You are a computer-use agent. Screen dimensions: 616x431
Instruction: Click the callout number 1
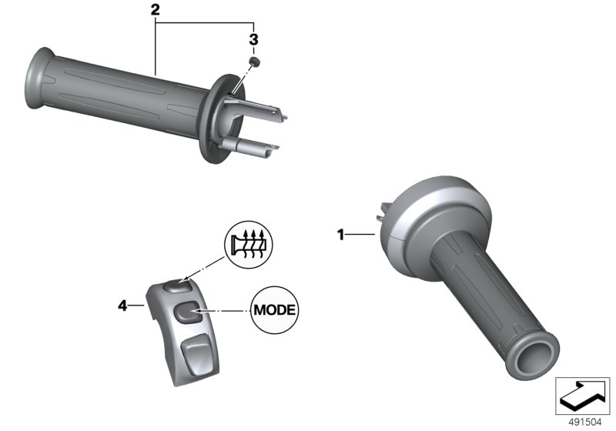(x=340, y=235)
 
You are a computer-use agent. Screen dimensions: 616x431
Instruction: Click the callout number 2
(x=156, y=10)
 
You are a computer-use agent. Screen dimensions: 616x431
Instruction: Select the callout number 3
(x=254, y=40)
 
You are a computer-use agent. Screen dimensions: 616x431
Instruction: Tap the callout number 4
(x=123, y=306)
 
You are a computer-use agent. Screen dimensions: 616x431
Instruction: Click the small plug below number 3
(x=255, y=62)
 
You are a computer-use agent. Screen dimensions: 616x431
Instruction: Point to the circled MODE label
(x=275, y=310)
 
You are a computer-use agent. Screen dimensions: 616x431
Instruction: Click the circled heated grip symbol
(x=248, y=245)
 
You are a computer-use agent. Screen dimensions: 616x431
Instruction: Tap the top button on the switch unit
(x=178, y=286)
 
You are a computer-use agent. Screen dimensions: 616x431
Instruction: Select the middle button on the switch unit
(x=187, y=312)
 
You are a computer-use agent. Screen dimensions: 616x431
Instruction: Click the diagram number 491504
(x=585, y=423)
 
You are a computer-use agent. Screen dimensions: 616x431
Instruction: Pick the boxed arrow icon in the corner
(x=582, y=396)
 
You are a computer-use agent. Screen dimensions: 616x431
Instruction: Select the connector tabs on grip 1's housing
(x=383, y=212)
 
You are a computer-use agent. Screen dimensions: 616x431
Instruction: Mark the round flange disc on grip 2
(x=221, y=119)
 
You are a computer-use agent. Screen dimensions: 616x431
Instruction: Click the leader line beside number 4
(x=137, y=305)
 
